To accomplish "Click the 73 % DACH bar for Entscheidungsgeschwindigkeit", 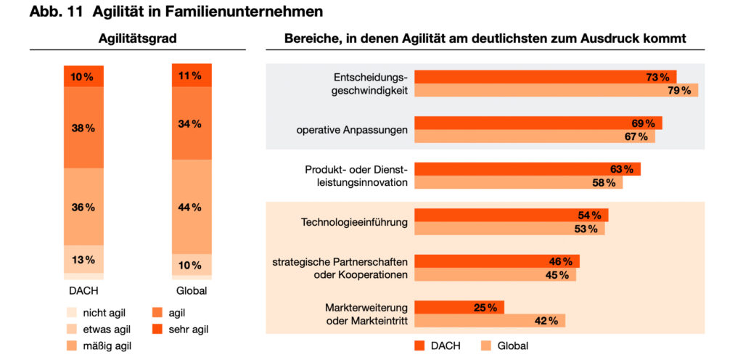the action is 546,77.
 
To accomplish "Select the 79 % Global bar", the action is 557,91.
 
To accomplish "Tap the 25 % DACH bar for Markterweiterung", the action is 459,308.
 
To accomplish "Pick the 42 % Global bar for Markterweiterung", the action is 490,321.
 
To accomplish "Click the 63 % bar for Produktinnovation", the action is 528,170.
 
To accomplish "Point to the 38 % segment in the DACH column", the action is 84,128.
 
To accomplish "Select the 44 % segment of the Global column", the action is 192,207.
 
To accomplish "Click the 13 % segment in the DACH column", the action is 84,259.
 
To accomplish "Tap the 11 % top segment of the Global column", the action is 192,75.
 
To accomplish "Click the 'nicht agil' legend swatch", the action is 72,313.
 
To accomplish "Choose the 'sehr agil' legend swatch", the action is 157,330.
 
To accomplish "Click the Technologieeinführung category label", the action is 354,221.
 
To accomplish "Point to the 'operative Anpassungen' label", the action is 352,130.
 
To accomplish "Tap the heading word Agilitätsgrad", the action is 137,39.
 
